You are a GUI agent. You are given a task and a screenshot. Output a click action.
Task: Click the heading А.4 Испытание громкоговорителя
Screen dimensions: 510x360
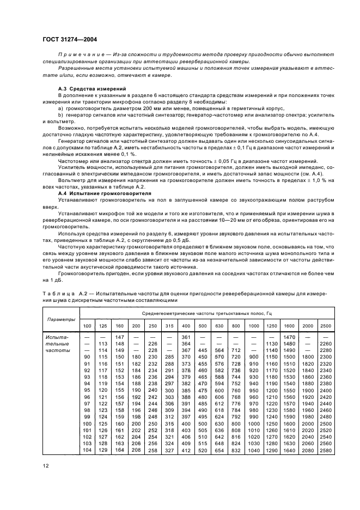[x=101, y=193]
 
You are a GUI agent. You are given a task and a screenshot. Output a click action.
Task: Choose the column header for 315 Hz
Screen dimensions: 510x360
[x=169, y=326]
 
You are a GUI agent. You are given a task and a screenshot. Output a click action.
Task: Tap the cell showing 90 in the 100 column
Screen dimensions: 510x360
[x=87, y=356]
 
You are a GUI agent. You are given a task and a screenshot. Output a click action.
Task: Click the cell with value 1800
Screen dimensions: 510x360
[x=308, y=356]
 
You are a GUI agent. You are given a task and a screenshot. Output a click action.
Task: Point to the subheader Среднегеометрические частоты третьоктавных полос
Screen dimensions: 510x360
[x=208, y=313]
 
